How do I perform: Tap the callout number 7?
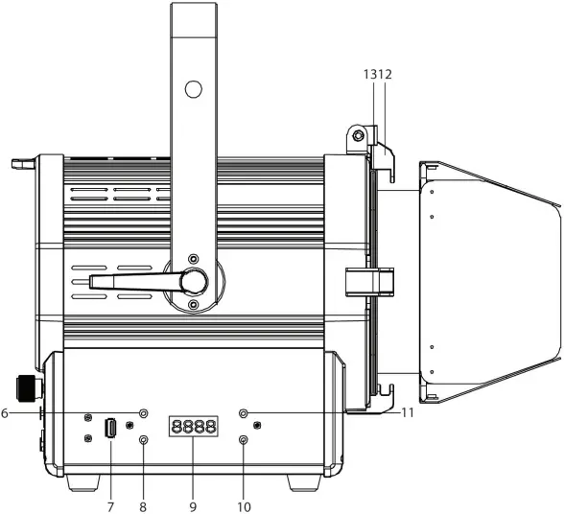[109, 505]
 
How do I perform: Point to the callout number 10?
[243, 505]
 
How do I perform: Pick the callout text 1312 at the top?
[377, 74]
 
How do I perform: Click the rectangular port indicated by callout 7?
[110, 428]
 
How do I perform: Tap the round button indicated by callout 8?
[144, 441]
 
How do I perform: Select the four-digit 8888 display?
[192, 428]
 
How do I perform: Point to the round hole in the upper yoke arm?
[193, 90]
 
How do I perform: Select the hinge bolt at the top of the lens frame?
[358, 136]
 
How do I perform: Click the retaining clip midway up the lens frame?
[369, 282]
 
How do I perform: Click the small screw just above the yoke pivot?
[194, 260]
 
